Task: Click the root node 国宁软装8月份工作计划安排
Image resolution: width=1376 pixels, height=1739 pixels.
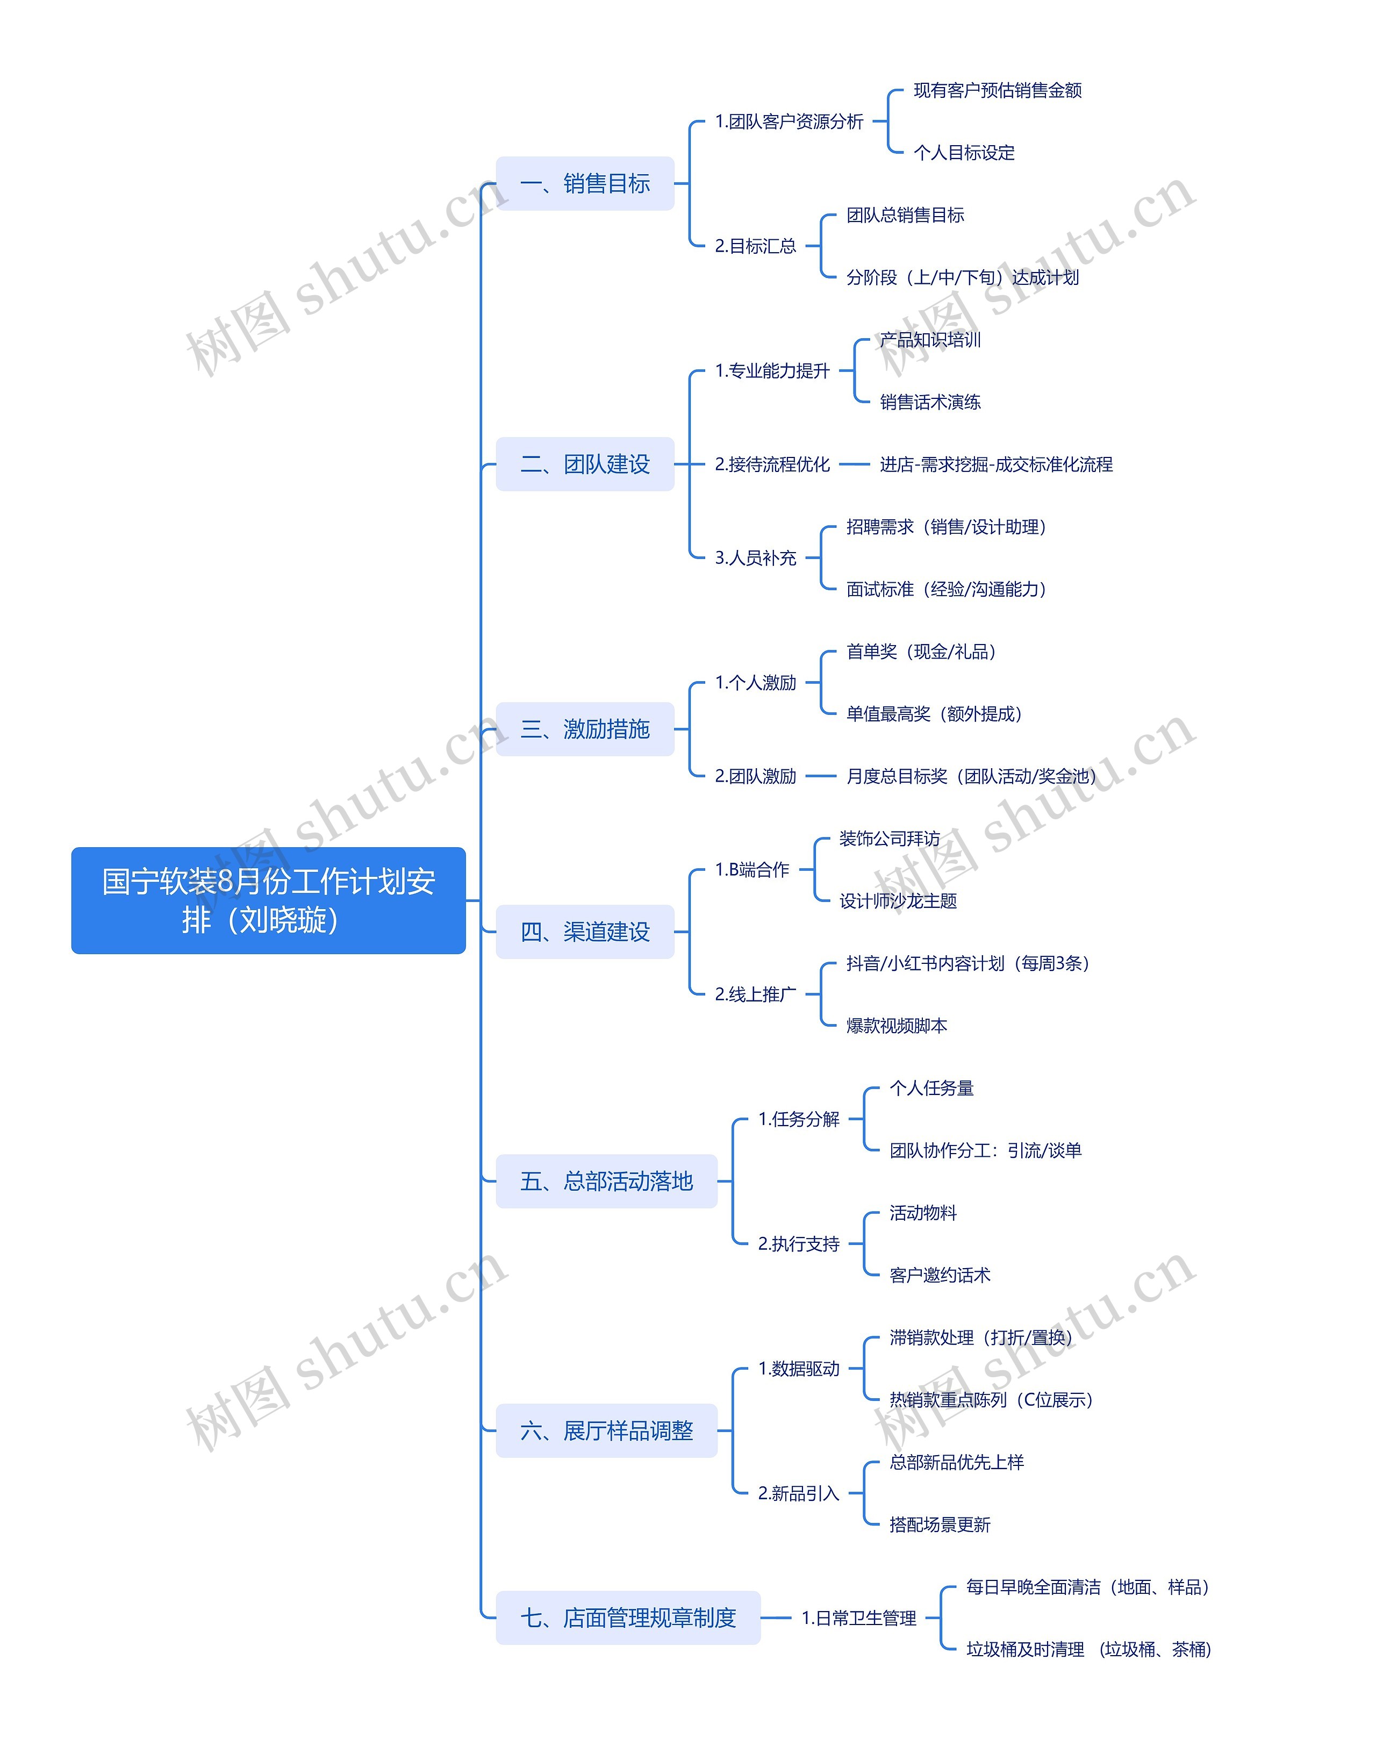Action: pyautogui.click(x=268, y=900)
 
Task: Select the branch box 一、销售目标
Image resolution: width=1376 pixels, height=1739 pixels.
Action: pyautogui.click(x=585, y=184)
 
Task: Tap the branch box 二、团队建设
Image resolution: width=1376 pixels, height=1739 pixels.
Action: pyautogui.click(x=585, y=464)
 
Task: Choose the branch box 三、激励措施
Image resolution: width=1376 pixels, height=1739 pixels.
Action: pyautogui.click(x=585, y=729)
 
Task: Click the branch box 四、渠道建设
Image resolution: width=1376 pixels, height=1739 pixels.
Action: pyautogui.click(x=585, y=932)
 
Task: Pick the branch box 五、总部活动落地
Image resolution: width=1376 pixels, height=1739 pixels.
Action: pyautogui.click(x=606, y=1182)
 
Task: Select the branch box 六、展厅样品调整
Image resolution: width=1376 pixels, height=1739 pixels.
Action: pyautogui.click(x=606, y=1430)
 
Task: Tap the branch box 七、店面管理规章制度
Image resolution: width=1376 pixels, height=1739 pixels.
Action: pyautogui.click(x=628, y=1618)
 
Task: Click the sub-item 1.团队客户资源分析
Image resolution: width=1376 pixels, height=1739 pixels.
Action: pyautogui.click(x=789, y=121)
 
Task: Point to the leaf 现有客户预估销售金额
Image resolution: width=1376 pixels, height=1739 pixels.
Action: pyautogui.click(x=998, y=90)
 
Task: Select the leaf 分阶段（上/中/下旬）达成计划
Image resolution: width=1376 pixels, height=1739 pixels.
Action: pyautogui.click(x=963, y=277)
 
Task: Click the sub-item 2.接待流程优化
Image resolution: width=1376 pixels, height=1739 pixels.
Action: pyautogui.click(x=772, y=464)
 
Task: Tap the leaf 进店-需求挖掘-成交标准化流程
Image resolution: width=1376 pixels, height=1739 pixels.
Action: pyautogui.click(x=996, y=464)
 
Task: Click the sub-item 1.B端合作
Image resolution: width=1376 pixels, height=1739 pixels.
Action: pyautogui.click(x=751, y=870)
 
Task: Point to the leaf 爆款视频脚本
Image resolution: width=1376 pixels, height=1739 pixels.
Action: pyautogui.click(x=897, y=1026)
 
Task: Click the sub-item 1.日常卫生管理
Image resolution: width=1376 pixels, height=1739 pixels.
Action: pyautogui.click(x=859, y=1618)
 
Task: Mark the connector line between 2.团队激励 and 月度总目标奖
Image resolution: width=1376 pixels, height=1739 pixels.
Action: pyautogui.click(x=821, y=776)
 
